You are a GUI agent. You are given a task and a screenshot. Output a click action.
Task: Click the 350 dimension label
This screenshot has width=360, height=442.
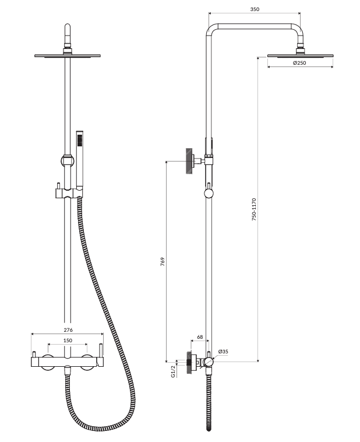[255, 9]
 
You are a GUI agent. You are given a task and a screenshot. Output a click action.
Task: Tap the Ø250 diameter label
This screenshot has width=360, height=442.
[299, 63]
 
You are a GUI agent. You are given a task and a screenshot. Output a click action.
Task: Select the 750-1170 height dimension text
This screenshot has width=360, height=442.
[254, 209]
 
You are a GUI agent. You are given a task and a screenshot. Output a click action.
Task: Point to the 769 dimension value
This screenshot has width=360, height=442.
[163, 262]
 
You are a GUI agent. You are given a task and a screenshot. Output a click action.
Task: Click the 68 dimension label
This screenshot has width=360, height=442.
[200, 337]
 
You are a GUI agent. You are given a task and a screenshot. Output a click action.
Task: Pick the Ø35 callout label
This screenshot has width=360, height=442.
[223, 352]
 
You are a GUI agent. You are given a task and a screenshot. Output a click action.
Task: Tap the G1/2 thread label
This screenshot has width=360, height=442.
[173, 371]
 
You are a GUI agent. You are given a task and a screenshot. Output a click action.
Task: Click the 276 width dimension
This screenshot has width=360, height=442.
[68, 330]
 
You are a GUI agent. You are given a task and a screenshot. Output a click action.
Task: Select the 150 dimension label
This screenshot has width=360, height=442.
[68, 340]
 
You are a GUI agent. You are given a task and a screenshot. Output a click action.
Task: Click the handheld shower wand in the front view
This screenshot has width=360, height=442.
[80, 159]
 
